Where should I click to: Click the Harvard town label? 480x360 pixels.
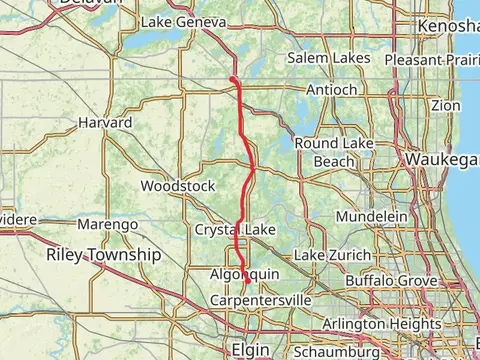(105, 123)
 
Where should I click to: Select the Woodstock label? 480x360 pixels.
(178, 186)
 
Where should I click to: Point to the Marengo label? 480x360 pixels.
(107, 225)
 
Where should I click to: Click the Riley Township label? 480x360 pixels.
(103, 256)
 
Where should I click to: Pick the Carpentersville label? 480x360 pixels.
(262, 300)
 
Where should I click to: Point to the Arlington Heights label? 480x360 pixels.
(381, 325)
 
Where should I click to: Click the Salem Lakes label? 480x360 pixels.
(328, 59)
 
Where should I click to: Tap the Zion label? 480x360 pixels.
(446, 105)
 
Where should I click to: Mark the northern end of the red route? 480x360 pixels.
(232, 78)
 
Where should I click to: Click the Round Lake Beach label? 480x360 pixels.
(334, 152)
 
